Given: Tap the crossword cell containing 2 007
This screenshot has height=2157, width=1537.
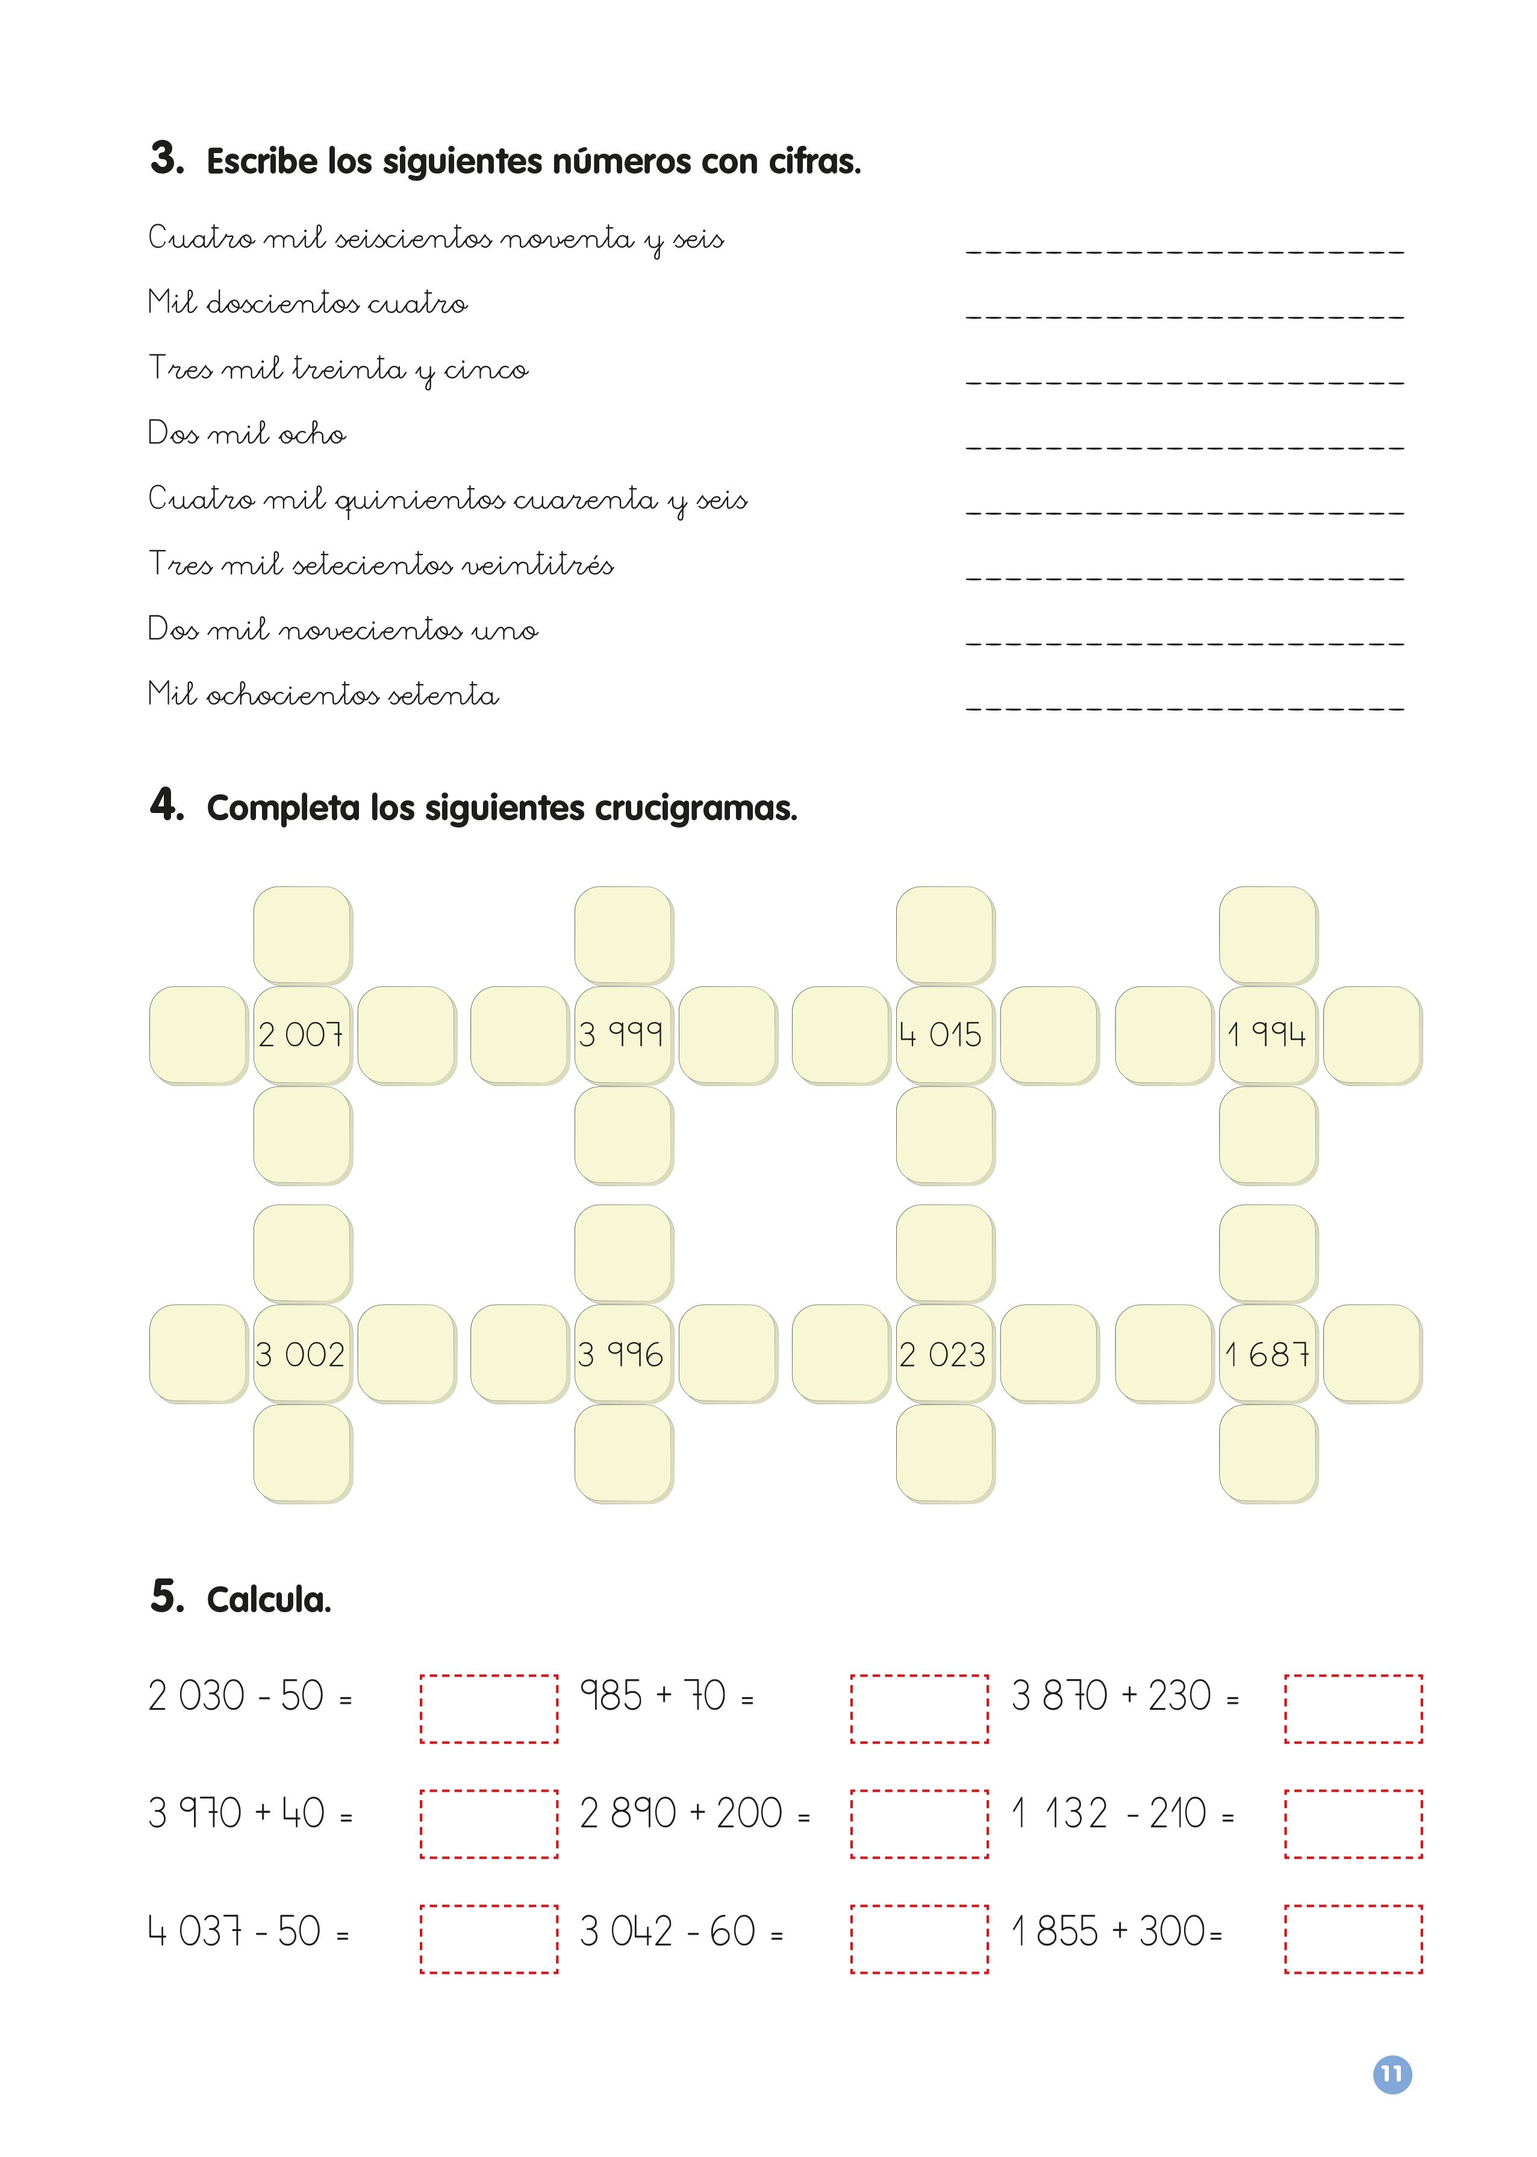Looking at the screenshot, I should point(302,1034).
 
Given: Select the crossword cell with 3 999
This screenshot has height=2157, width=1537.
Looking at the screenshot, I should point(623,1034).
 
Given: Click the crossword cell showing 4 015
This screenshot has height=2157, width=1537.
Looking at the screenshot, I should point(944,1034).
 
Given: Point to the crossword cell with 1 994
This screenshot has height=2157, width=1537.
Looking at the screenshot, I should point(1267,1034).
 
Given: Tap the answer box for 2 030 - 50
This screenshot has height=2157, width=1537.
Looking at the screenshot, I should point(488,1708).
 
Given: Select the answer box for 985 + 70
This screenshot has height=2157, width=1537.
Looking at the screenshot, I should point(919,1708).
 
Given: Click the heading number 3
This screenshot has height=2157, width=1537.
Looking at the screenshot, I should point(167,158).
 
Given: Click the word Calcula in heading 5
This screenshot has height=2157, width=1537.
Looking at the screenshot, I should point(269,1600).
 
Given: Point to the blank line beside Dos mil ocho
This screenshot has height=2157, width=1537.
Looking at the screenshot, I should point(1185,441).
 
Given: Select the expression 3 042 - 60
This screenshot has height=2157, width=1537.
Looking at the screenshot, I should point(668,1932).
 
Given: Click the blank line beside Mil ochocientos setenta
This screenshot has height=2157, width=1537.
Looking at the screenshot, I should point(1185,703).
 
